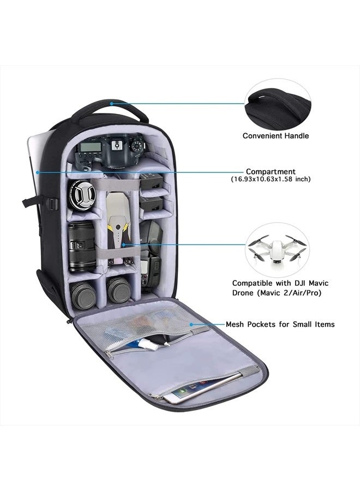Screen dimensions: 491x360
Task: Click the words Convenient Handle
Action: (275, 136)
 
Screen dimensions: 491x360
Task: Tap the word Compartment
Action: (271, 171)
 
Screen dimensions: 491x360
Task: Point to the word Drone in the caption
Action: (247, 293)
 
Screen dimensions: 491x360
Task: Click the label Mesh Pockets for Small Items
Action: (280, 324)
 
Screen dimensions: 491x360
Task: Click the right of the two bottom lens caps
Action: (119, 291)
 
